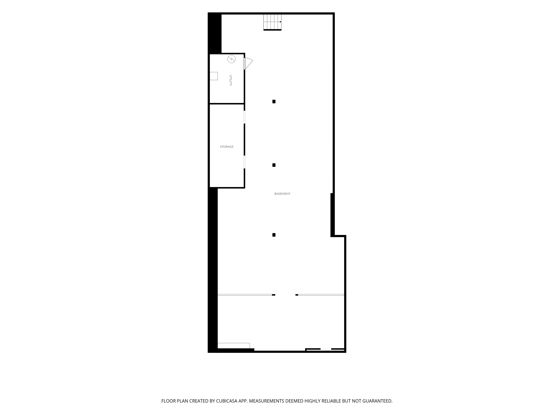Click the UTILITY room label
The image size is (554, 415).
[231, 80]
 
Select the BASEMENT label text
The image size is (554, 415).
[282, 194]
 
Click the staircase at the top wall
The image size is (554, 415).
[272, 22]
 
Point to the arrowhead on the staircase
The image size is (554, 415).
[281, 22]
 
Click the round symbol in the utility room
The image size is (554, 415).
[231, 59]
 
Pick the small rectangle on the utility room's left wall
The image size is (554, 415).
[214, 76]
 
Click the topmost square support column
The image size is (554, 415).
[274, 101]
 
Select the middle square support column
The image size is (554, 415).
[274, 165]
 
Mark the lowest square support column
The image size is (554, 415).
[274, 235]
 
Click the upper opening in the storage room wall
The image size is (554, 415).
[244, 117]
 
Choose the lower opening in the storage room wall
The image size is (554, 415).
[244, 162]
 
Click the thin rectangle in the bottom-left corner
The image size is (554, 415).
[234, 346]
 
